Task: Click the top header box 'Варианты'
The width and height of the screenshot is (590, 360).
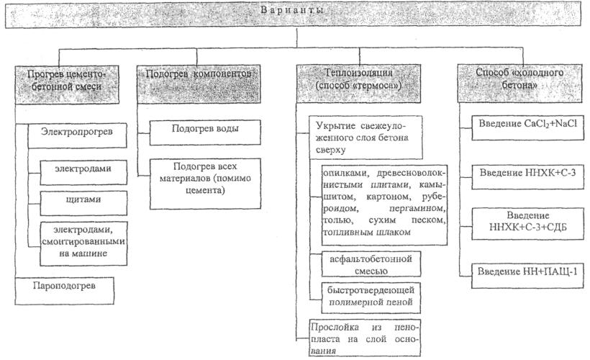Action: coord(293,14)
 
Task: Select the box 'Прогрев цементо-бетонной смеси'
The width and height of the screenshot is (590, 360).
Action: coord(67,85)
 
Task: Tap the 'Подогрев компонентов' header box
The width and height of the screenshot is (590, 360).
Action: coord(199,84)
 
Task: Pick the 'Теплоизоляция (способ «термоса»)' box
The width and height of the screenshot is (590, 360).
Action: coord(358,84)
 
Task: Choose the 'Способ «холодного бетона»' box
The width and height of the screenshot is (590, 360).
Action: coord(519,84)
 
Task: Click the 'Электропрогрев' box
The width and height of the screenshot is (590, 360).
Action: coord(77,135)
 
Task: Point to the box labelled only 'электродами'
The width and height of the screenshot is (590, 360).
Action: coord(83,173)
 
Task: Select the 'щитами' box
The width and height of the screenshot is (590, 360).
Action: coord(83,203)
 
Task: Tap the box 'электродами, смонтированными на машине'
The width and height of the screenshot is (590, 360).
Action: coord(83,243)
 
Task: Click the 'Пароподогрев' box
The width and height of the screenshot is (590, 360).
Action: coord(64,291)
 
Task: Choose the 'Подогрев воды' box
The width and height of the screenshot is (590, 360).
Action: coord(205,132)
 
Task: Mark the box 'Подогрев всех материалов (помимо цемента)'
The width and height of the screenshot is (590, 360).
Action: coord(205,184)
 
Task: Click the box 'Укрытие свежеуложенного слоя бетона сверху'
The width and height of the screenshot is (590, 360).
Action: coord(366,138)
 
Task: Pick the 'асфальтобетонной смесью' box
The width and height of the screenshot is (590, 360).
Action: coord(371,264)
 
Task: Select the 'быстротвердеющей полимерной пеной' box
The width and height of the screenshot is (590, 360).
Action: coord(371,298)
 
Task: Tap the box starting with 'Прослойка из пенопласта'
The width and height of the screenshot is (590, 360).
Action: coord(365,338)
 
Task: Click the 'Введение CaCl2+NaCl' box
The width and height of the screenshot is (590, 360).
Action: coord(527,127)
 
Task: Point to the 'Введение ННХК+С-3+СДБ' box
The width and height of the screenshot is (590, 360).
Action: coord(527,223)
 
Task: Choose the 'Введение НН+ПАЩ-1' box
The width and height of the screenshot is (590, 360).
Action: coord(527,276)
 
